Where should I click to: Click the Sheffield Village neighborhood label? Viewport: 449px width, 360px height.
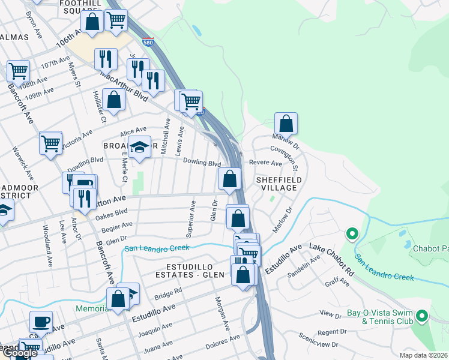(x=276, y=184)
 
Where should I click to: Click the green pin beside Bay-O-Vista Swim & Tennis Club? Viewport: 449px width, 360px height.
(x=422, y=315)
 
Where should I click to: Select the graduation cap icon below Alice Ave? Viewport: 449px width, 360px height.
(x=139, y=148)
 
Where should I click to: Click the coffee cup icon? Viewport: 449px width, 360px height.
(x=41, y=322)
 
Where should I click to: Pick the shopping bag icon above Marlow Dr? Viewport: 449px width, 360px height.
(x=287, y=123)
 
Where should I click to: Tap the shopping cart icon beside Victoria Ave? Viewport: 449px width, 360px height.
(x=50, y=143)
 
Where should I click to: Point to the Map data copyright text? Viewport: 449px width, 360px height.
(x=423, y=355)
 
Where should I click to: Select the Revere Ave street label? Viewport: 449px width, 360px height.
(x=265, y=163)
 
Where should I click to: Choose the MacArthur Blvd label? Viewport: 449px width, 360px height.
(x=123, y=85)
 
